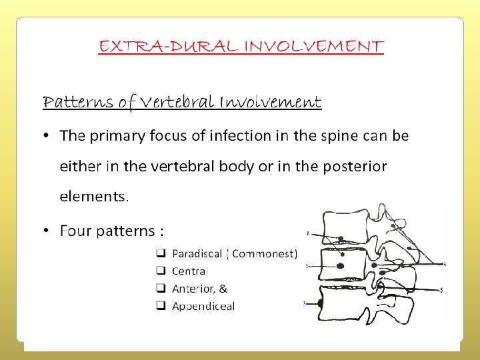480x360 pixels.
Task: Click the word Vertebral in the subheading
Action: tap(176, 102)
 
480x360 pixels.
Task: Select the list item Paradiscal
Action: tap(197, 254)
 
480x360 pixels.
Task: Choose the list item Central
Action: tap(190, 271)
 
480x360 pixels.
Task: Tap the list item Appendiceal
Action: tap(203, 307)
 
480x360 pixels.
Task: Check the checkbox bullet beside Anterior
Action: tap(161, 289)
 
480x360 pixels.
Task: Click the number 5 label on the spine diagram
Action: tap(441, 290)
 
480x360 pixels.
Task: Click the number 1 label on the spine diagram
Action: tap(307, 233)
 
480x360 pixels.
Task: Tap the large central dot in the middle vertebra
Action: tap(341, 267)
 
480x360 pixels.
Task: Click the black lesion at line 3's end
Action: tap(323, 303)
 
